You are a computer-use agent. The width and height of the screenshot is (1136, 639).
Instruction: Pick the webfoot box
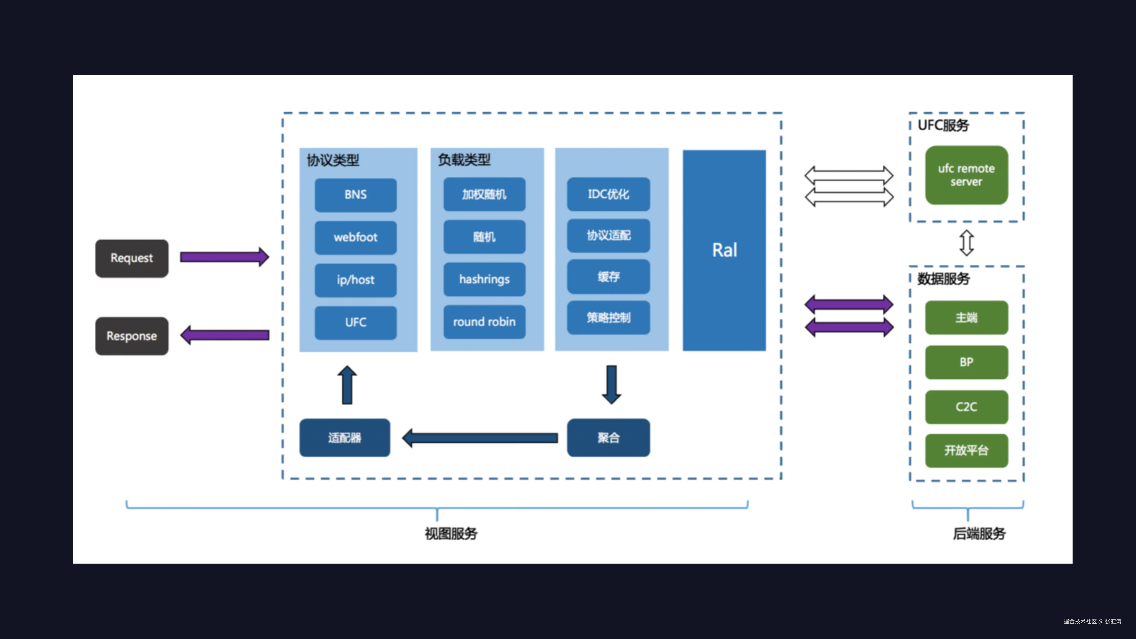click(x=355, y=237)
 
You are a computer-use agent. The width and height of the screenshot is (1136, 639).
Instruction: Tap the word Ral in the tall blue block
click(x=724, y=250)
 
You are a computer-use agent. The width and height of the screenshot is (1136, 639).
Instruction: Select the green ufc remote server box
click(x=966, y=175)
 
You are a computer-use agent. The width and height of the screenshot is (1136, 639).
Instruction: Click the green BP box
click(x=966, y=362)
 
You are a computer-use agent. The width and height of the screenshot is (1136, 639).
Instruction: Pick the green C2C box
click(x=966, y=407)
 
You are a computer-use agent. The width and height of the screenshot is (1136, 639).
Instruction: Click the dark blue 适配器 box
click(x=344, y=438)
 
